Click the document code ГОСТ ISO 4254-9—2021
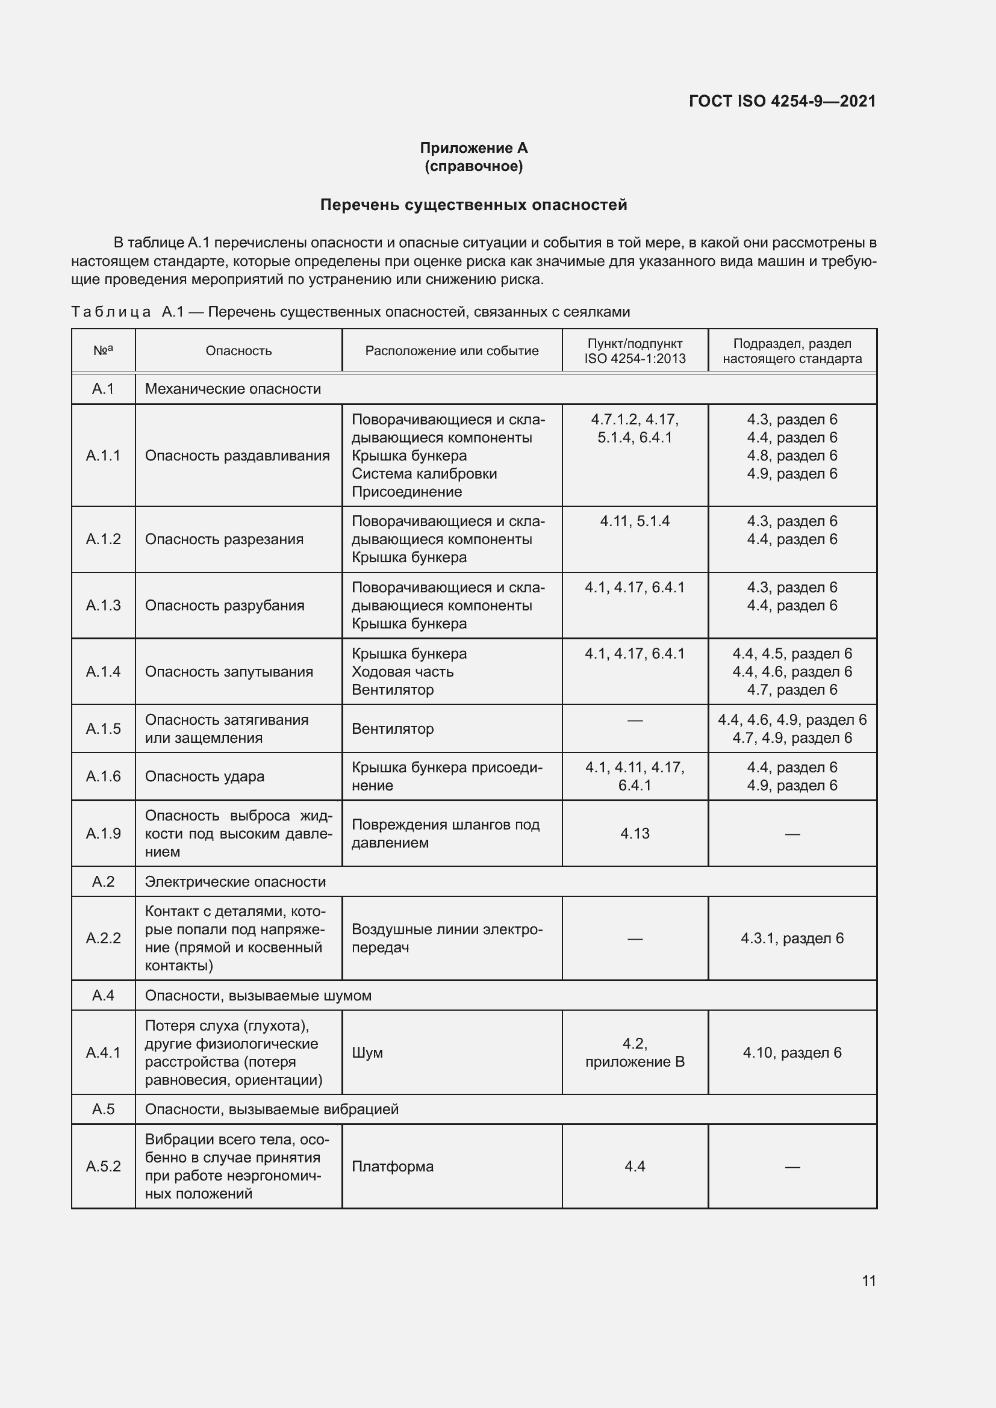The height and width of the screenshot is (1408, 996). point(782,101)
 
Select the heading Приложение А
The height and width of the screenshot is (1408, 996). point(473,148)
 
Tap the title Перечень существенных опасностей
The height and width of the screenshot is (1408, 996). point(473,205)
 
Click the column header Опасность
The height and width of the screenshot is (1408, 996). point(238,351)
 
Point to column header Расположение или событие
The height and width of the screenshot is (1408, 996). point(452,351)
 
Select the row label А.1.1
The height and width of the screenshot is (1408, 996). point(103,455)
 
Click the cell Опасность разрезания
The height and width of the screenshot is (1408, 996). point(224,539)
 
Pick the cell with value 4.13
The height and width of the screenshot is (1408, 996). point(635,833)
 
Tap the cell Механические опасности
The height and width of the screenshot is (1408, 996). point(233,389)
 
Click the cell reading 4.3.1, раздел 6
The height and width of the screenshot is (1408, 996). point(792,938)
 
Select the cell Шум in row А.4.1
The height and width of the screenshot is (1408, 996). point(367,1052)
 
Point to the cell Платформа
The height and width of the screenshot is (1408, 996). point(393,1167)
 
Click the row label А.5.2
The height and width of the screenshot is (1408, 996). point(103,1167)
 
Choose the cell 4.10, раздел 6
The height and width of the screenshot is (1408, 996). point(792,1052)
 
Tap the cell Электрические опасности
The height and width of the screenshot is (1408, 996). point(235,882)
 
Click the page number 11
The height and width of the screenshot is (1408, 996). point(868,1280)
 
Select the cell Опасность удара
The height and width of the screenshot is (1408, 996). point(204,777)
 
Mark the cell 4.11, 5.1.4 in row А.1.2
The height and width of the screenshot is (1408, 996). point(635,521)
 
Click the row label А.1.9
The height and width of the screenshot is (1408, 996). point(103,833)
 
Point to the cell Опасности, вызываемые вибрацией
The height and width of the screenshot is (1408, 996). point(272,1109)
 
